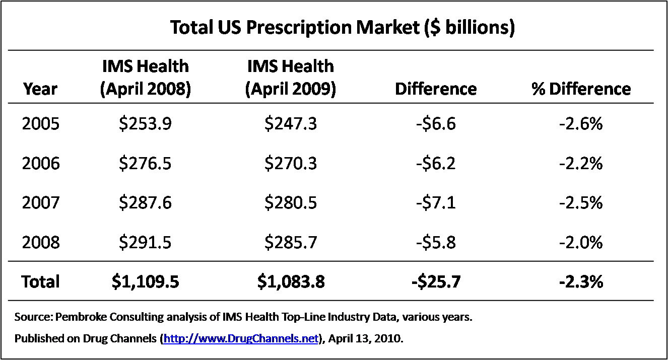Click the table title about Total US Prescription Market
pyautogui.click(x=342, y=28)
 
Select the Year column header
pyautogui.click(x=40, y=89)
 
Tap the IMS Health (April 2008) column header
pyautogui.click(x=145, y=78)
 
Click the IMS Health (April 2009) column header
pyautogui.click(x=290, y=78)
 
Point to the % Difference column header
pyautogui.click(x=581, y=89)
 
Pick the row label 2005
pyautogui.click(x=40, y=124)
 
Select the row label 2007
pyautogui.click(x=40, y=203)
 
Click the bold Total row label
pyautogui.click(x=40, y=282)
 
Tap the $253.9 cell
pyautogui.click(x=145, y=124)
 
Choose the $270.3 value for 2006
pyautogui.click(x=291, y=164)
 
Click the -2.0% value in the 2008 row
pyautogui.click(x=581, y=243)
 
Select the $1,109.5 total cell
pyautogui.click(x=145, y=282)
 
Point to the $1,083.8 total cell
pyautogui.click(x=291, y=282)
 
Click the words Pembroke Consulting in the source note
pyautogui.click(x=92, y=318)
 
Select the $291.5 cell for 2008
pyautogui.click(x=145, y=243)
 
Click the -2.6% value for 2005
pyautogui.click(x=581, y=124)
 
